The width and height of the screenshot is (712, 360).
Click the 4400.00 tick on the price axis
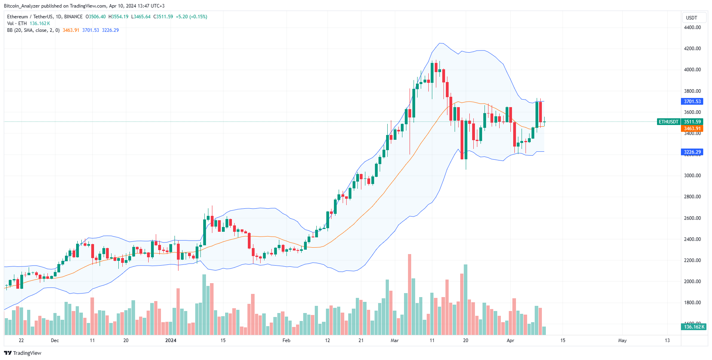click(x=692, y=27)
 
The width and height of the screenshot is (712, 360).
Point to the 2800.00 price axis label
click(x=692, y=197)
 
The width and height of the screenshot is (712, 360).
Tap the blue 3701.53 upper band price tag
click(x=692, y=102)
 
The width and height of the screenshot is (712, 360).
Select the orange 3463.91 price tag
click(x=692, y=129)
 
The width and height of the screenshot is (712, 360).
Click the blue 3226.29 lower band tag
click(x=692, y=152)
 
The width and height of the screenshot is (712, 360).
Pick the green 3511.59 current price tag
click(x=692, y=122)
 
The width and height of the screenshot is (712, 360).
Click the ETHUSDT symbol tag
click(x=668, y=122)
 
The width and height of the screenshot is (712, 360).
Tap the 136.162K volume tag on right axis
click(x=694, y=327)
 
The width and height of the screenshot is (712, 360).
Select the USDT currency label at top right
click(x=691, y=18)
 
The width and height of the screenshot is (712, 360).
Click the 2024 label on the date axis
click(x=171, y=340)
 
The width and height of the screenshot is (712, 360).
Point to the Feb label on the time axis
click(x=286, y=340)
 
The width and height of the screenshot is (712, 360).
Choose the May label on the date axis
click(x=622, y=340)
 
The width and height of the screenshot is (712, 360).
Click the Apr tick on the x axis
click(x=510, y=340)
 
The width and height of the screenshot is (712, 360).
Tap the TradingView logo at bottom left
click(x=23, y=353)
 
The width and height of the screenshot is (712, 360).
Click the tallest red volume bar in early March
click(x=410, y=295)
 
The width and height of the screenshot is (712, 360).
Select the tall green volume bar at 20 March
click(x=466, y=299)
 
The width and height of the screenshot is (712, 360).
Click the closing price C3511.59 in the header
click(x=163, y=17)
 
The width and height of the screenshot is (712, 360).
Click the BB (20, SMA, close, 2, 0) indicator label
click(x=33, y=30)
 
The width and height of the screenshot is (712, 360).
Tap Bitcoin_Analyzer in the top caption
click(x=22, y=6)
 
